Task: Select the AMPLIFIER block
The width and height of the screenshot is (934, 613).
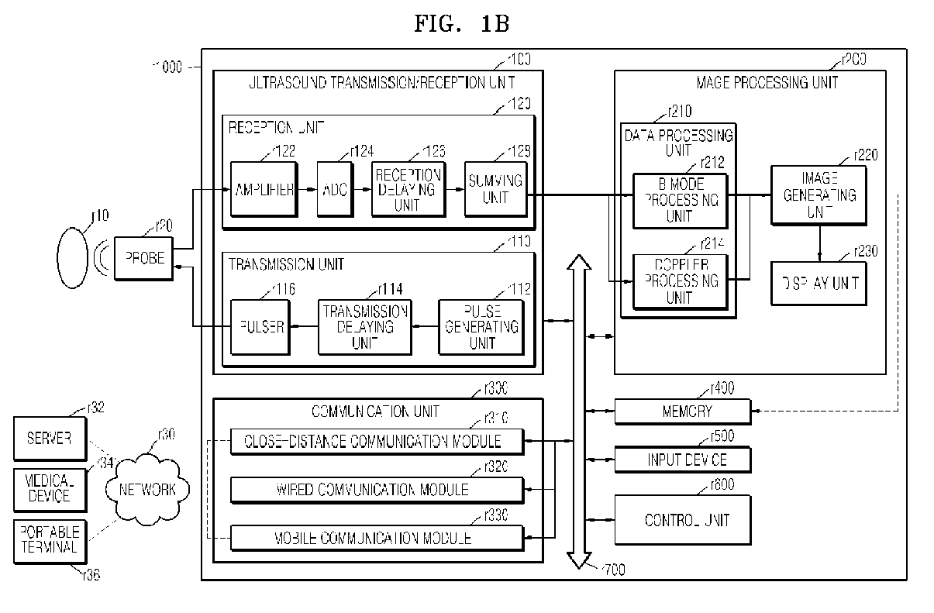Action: tap(264, 190)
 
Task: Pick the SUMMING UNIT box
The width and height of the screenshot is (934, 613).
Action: tap(495, 190)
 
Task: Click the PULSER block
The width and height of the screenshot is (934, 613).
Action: tap(264, 326)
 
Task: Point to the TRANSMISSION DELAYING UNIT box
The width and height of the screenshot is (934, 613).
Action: tap(364, 326)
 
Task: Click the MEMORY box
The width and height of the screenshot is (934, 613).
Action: tap(682, 412)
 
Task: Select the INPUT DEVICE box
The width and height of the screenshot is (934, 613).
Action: tap(682, 460)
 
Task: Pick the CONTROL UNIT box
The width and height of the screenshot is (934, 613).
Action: tap(682, 519)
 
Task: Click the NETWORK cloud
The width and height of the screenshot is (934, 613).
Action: tap(146, 489)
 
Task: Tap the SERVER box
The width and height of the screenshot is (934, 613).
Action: tap(50, 438)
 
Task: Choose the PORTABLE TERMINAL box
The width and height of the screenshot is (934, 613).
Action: tap(50, 539)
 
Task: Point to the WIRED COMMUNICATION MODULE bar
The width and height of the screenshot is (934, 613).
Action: tap(377, 490)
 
